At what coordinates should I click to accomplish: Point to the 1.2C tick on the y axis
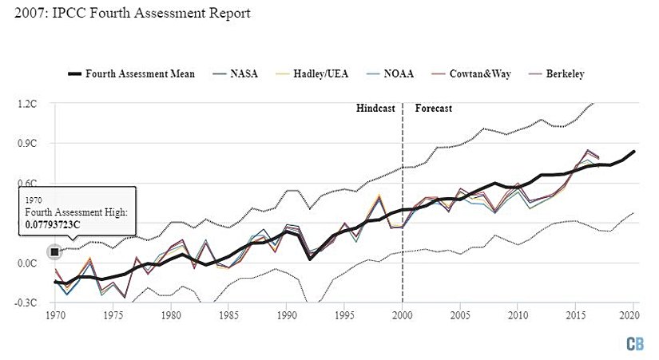[28, 104]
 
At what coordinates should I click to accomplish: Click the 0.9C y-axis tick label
[28, 144]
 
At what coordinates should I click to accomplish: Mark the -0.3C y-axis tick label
[27, 303]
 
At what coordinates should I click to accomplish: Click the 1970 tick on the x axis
[56, 316]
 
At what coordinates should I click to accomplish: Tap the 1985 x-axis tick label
[228, 316]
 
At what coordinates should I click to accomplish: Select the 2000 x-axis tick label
[402, 316]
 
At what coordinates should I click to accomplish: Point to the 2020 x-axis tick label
[633, 316]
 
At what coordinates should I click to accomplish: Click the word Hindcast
[375, 108]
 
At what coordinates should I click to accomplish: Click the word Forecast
[434, 108]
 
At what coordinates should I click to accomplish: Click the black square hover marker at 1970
[54, 252]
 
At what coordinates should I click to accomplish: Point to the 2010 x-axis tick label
[518, 316]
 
